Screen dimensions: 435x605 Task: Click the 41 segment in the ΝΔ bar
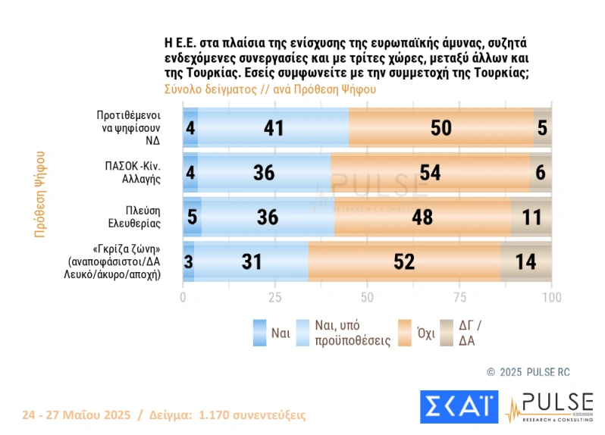[273, 128]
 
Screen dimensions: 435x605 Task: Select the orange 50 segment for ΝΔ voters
[441, 128]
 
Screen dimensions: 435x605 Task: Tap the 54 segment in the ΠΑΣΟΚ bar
[430, 172]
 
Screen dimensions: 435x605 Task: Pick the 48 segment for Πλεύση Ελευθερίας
[422, 217]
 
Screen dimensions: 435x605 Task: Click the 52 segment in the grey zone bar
[404, 261]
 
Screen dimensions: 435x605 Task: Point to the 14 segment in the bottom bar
[525, 261]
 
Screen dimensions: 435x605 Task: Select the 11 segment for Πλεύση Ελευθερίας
[531, 217]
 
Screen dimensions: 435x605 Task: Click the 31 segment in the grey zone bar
[251, 261]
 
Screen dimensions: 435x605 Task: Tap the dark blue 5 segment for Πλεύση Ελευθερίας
[192, 217]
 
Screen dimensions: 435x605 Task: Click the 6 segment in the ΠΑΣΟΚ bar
[541, 172]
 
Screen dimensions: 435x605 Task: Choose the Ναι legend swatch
[259, 333]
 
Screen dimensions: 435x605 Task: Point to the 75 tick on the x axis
[459, 297]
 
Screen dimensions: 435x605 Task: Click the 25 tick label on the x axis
[275, 297]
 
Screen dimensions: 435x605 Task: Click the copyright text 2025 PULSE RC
[529, 372]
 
